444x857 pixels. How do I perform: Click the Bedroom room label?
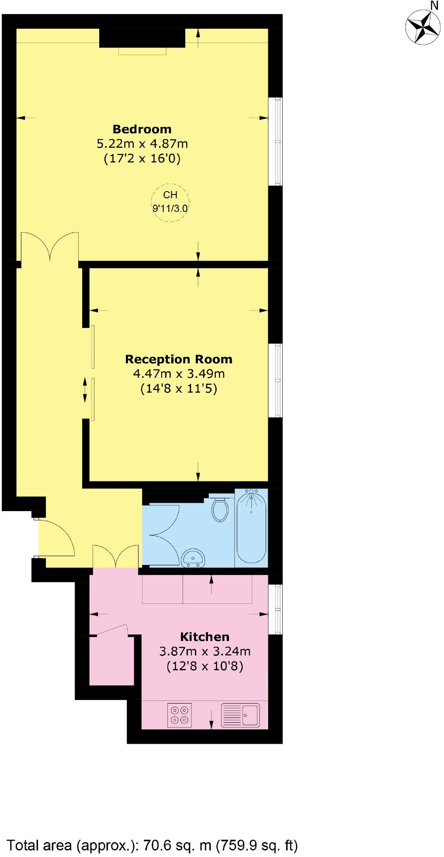click(x=142, y=129)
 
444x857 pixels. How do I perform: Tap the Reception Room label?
click(x=178, y=359)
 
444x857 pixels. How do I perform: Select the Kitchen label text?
click(x=205, y=637)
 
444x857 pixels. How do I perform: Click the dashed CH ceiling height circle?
click(x=170, y=202)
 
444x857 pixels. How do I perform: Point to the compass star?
click(x=422, y=27)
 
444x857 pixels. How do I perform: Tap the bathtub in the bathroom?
click(x=251, y=527)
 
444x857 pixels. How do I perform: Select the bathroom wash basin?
click(x=193, y=557)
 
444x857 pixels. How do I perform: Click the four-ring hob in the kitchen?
click(x=180, y=715)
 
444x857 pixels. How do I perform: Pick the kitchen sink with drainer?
click(x=240, y=715)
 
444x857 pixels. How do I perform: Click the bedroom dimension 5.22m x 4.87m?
click(x=142, y=143)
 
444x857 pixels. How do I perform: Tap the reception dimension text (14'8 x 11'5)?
click(x=178, y=388)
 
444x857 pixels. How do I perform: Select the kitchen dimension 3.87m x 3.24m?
click(x=205, y=651)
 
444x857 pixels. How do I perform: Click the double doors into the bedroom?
click(x=50, y=247)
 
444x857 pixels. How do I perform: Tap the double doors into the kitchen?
click(x=116, y=557)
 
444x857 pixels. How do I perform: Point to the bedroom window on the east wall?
click(x=275, y=141)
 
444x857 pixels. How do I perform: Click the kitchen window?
click(x=275, y=609)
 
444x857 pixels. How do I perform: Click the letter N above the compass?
click(x=434, y=5)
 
